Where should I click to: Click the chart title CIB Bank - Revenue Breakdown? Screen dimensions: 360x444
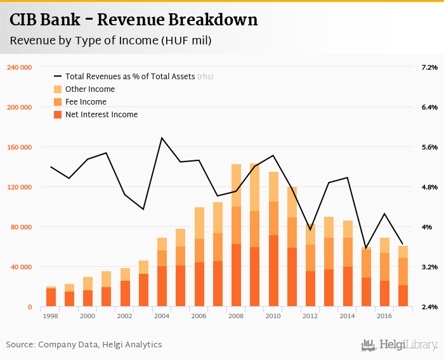pos(134,20)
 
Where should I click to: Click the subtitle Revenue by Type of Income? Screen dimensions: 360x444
pos(110,41)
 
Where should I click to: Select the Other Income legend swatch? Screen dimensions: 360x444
pos(58,89)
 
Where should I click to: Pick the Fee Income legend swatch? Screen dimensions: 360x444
pos(58,102)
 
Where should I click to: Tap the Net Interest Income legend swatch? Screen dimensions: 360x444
pos(58,115)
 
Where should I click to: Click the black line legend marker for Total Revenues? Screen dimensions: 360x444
pos(58,77)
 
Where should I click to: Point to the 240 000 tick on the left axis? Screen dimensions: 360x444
pos(19,67)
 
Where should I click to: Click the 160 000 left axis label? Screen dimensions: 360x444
pos(19,147)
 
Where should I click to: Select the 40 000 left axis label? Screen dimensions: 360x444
pos(21,267)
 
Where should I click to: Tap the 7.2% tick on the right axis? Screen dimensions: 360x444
pos(429,67)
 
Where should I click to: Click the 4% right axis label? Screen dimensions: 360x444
pos(426,227)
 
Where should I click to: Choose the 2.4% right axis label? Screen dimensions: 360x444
pos(429,307)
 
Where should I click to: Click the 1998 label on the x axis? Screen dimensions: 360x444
pos(51,315)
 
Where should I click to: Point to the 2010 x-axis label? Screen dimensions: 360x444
pos(273,315)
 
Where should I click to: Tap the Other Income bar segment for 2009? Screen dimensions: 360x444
pos(255,188)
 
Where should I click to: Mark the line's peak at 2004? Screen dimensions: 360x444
pos(162,138)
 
